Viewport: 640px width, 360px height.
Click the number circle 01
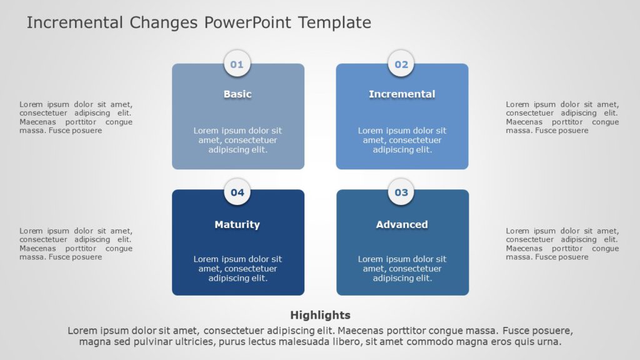click(237, 64)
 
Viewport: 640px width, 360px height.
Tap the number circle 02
click(401, 64)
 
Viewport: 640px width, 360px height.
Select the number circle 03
click(401, 192)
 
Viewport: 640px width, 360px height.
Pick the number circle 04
click(237, 192)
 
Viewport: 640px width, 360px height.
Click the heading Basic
click(237, 94)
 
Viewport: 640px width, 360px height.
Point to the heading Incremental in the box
click(402, 94)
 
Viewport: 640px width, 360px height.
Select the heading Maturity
click(237, 224)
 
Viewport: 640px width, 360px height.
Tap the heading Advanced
click(402, 224)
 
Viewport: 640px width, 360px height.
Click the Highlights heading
click(320, 315)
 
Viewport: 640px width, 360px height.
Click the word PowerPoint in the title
click(248, 23)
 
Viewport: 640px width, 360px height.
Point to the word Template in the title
click(334, 23)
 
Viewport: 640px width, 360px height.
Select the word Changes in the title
click(164, 23)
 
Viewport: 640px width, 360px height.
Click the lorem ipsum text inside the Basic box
click(237, 140)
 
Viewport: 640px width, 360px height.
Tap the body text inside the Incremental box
click(402, 140)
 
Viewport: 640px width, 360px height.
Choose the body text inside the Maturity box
click(237, 268)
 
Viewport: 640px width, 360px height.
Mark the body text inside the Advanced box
click(402, 268)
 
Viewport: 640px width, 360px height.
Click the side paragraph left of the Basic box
click(76, 117)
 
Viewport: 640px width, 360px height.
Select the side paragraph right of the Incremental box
click(562, 117)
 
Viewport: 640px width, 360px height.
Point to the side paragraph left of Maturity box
click(76, 244)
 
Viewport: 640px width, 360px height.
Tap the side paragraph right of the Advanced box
click(562, 244)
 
